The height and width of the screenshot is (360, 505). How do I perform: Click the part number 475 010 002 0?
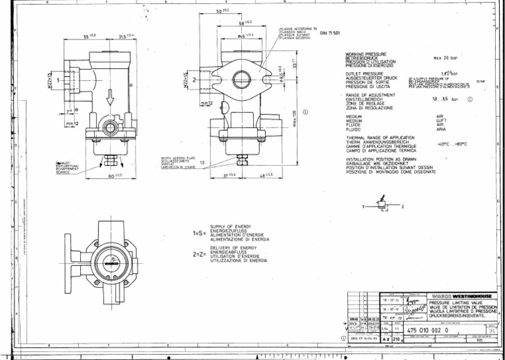[427, 330]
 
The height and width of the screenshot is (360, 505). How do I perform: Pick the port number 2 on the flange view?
[195, 80]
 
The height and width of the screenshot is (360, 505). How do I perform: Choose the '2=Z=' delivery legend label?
[199, 253]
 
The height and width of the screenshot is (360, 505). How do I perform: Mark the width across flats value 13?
[202, 162]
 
